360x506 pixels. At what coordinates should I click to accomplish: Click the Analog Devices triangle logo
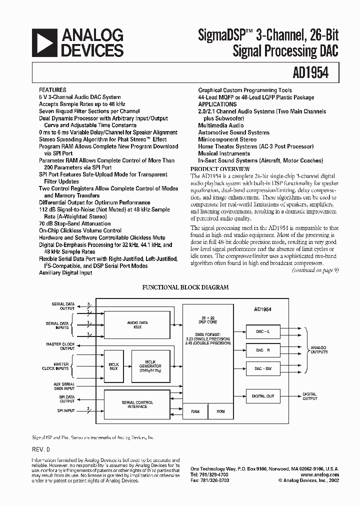pos(43,42)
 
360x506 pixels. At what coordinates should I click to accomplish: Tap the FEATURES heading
pos(52,90)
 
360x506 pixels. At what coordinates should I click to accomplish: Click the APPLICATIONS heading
pos(217,104)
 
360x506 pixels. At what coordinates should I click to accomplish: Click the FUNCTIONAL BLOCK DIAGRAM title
pos(185,287)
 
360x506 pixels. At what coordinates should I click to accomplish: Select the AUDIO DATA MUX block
pos(137,324)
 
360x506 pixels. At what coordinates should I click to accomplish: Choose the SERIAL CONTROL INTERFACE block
pos(137,404)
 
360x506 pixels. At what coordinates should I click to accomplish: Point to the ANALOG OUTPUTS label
pos(318,350)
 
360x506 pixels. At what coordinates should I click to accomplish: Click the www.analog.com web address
pos(320,474)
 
